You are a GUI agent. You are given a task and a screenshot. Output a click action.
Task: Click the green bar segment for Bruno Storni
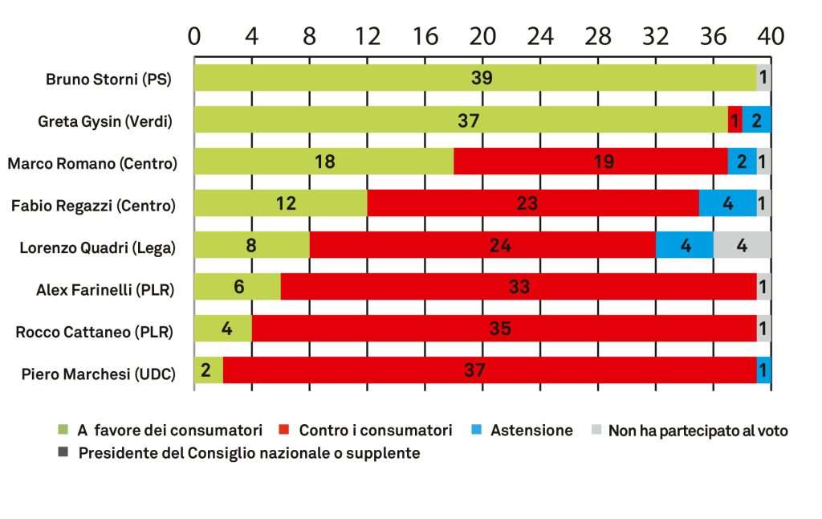(x=474, y=78)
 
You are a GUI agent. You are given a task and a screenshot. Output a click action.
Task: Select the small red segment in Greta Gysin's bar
(x=735, y=120)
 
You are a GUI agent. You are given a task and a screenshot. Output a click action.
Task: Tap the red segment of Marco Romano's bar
(x=590, y=161)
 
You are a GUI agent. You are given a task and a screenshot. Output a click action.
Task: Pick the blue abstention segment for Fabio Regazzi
(x=727, y=203)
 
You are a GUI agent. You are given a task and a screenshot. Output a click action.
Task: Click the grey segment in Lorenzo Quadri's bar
(x=742, y=245)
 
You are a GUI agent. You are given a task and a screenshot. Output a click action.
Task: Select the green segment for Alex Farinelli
(x=238, y=287)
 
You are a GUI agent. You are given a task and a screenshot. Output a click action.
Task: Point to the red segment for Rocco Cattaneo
(x=504, y=329)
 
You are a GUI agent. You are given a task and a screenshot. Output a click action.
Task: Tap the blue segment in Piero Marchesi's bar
(x=763, y=370)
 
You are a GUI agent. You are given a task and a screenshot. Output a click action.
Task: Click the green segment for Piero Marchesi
(x=209, y=370)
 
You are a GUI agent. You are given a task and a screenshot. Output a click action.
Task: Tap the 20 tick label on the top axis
(x=482, y=37)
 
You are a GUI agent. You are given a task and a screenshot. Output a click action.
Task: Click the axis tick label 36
(x=713, y=37)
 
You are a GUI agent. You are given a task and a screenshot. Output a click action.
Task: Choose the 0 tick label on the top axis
(x=194, y=37)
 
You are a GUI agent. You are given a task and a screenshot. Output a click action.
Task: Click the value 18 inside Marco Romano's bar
(x=324, y=161)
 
